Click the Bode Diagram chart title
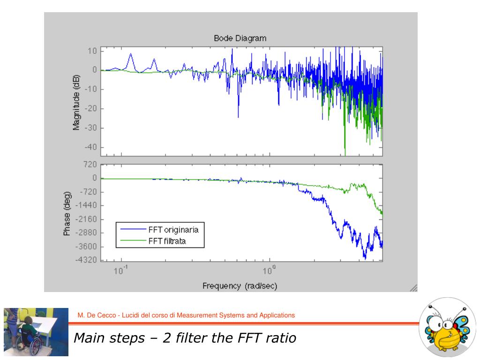pyautogui.click(x=240, y=38)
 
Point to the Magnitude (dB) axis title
pyautogui.click(x=76, y=101)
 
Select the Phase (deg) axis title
pyautogui.click(x=67, y=213)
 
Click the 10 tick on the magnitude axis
pyautogui.click(x=93, y=51)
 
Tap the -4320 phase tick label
pyautogui.click(x=87, y=260)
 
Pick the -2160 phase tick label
pyautogui.click(x=87, y=219)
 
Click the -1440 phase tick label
pyautogui.click(x=87, y=205)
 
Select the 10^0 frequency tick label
pyautogui.click(x=269, y=270)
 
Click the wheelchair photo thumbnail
pyautogui.click(x=36, y=332)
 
